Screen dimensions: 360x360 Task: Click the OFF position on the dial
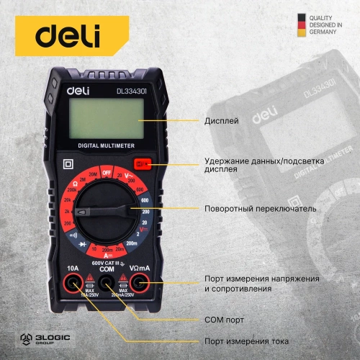pyautogui.click(x=107, y=174)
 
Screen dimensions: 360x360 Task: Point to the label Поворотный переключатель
pyautogui.click(x=259, y=208)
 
